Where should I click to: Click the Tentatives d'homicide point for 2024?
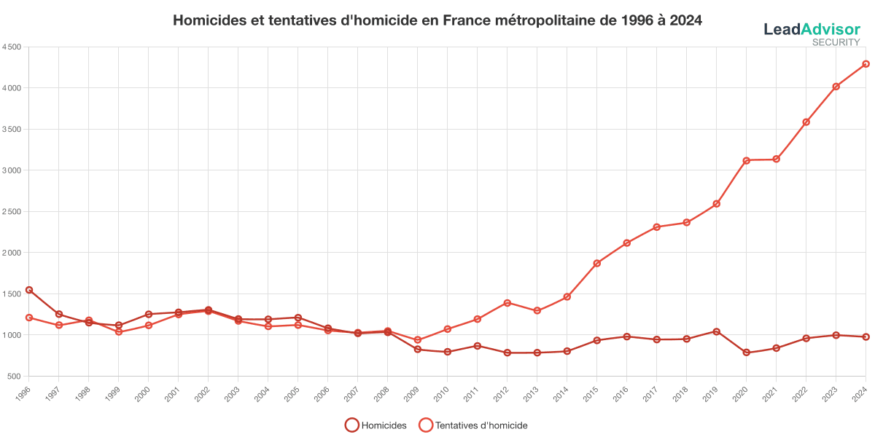pos(866,64)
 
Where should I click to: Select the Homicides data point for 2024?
pos(866,336)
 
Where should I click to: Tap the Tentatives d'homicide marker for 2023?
pos(836,87)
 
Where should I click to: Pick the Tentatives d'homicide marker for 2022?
pos(806,122)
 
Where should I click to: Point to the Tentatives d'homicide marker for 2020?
pos(746,160)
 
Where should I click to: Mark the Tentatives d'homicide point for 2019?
pos(716,204)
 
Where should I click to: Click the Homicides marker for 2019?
pos(716,332)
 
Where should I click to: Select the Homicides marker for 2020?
pos(746,353)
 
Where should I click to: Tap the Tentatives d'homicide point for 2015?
pos(596,263)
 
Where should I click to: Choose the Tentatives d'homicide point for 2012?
pos(507,303)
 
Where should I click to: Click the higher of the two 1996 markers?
pos(29,290)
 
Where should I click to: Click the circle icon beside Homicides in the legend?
pos(351,425)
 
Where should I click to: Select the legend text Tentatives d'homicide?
pos(481,425)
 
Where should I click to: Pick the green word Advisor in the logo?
pos(830,29)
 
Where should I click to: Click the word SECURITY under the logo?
pos(836,42)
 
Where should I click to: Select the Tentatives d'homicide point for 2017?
pos(656,227)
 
